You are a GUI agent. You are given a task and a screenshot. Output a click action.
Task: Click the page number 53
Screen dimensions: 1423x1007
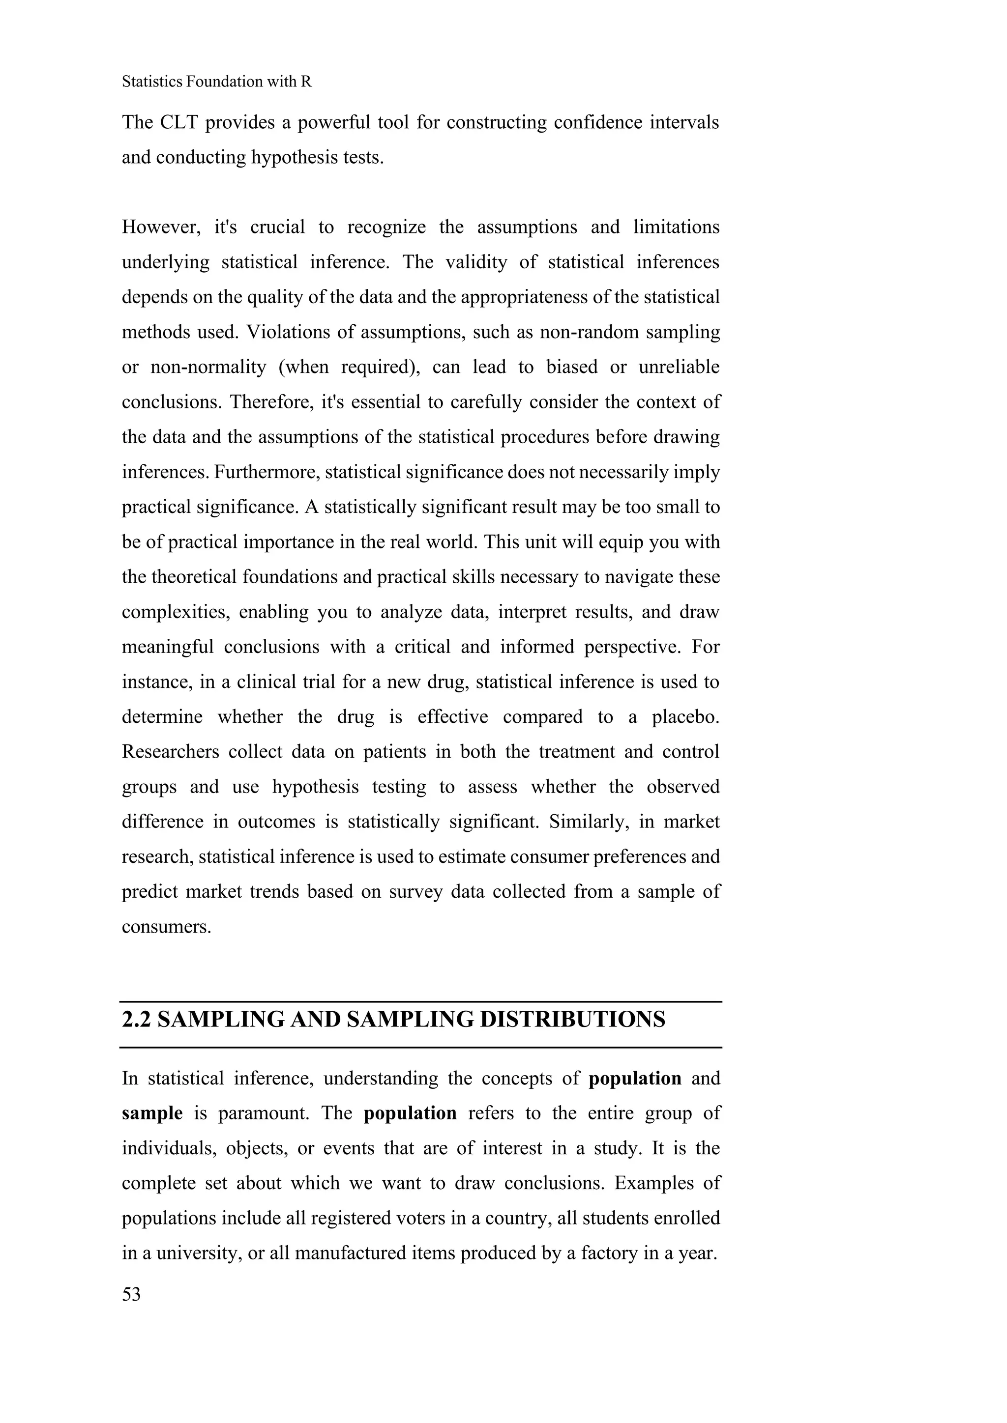pos(131,1295)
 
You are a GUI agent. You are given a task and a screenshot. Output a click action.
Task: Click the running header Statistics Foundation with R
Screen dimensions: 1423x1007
pos(216,81)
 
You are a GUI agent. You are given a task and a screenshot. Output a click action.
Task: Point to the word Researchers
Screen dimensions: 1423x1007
pos(170,752)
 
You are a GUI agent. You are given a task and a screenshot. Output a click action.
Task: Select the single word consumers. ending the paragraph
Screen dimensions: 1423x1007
pos(166,927)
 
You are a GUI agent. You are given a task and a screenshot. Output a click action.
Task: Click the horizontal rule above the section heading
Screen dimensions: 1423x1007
pos(420,1001)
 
